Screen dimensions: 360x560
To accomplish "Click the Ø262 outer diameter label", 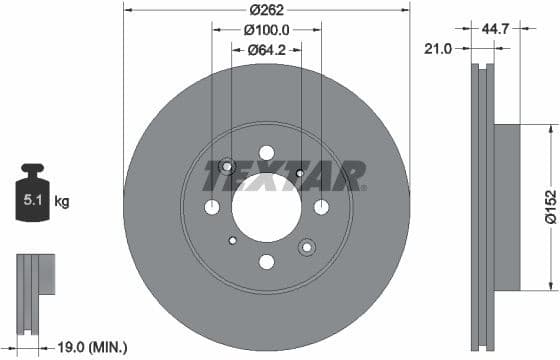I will point(266,9).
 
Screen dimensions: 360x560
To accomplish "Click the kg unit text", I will point(61,202).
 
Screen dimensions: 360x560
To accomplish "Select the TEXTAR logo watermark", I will point(284,177).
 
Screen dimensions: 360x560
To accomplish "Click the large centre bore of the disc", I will point(266,207).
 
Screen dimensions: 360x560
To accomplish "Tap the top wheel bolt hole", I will point(266,152).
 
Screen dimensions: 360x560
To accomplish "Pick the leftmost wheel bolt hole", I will point(211,207).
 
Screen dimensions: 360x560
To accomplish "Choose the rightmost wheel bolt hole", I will point(321,207).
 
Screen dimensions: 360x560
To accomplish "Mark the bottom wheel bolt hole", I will point(266,262).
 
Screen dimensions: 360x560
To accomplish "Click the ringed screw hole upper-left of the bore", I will point(227,167).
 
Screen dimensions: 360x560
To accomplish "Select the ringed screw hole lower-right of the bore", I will point(306,246).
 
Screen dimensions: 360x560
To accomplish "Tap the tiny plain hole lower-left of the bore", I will point(232,240).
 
